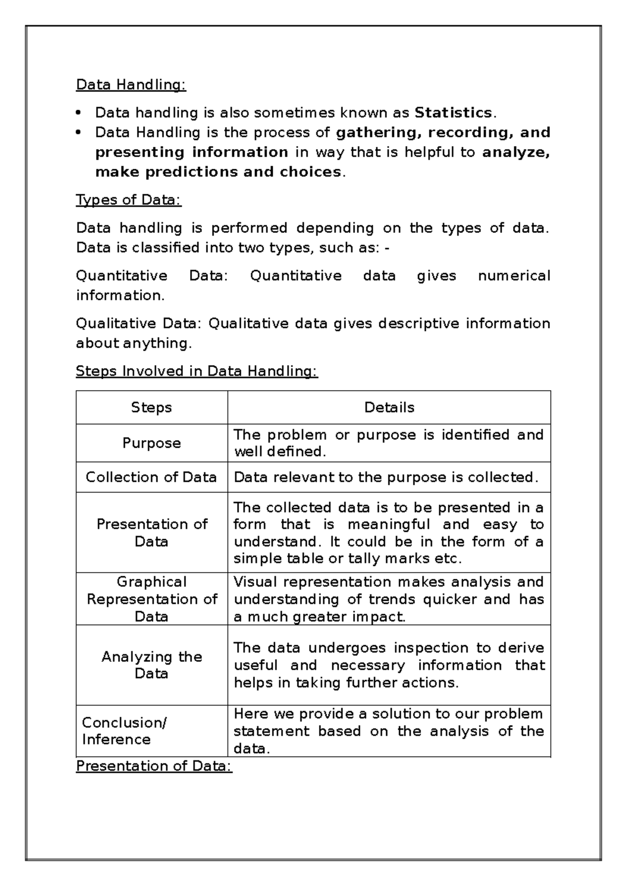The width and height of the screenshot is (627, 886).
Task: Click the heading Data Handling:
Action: click(131, 85)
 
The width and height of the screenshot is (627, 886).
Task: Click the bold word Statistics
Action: click(452, 113)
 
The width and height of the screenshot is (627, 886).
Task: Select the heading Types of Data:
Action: click(129, 200)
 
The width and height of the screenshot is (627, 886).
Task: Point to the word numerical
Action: click(514, 276)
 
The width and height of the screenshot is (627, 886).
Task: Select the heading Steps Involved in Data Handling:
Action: click(196, 371)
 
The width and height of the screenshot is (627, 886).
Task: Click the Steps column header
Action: click(152, 407)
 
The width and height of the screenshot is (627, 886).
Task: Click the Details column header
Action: click(389, 407)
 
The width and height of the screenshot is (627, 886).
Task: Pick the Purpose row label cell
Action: click(152, 443)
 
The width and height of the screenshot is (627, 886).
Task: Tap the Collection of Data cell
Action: click(152, 477)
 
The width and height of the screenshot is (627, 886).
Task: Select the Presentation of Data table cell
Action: click(152, 532)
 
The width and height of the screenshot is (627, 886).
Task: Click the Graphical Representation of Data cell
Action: click(152, 599)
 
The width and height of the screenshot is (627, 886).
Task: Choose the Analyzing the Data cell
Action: click(152, 664)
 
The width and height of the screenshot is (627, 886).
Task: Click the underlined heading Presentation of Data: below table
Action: click(154, 766)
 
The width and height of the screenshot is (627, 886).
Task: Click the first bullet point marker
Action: click(79, 113)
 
